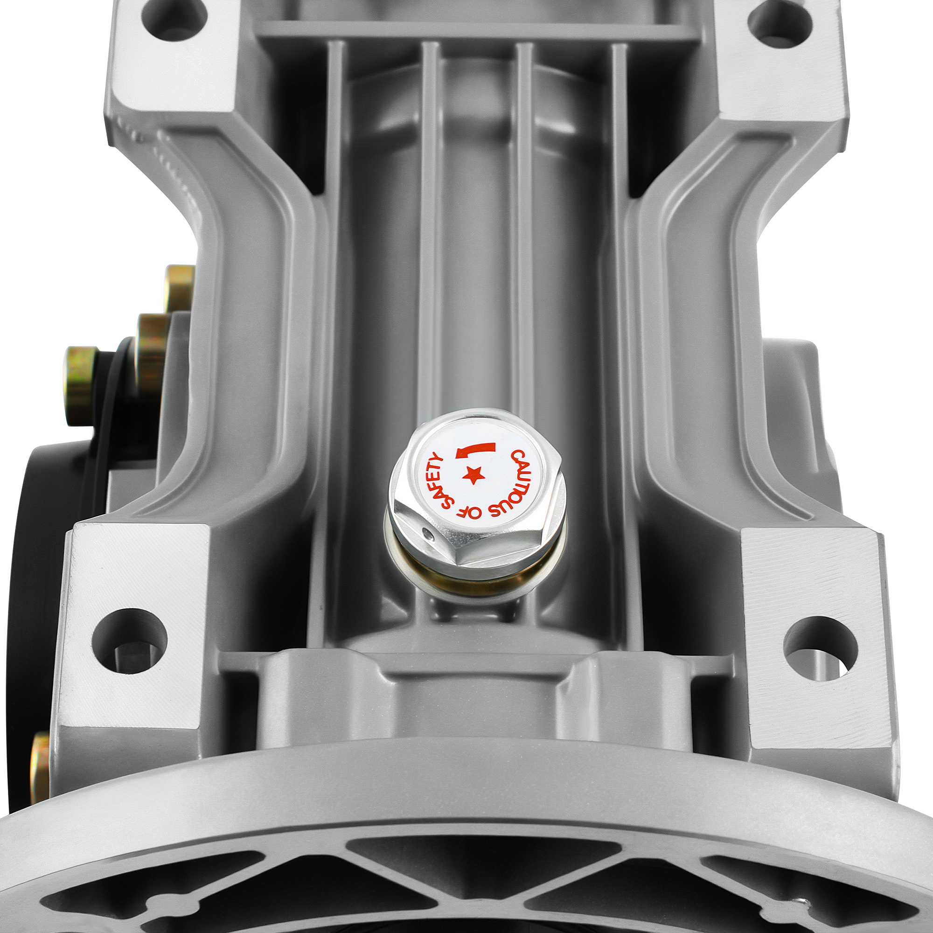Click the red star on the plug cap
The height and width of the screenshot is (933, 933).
click(x=473, y=476)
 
